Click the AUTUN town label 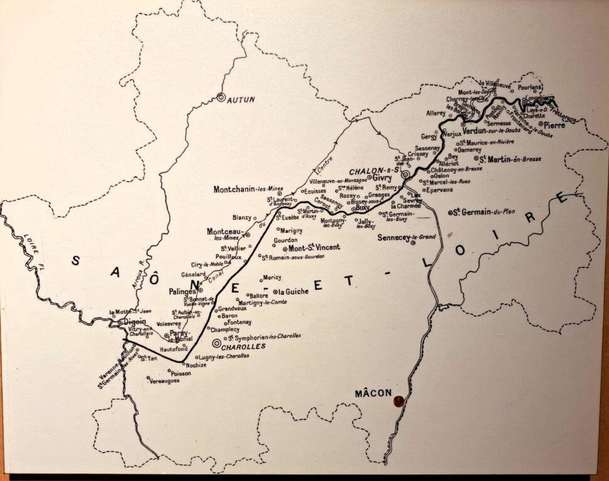[241, 100]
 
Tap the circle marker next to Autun [221, 97]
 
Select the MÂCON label [373, 393]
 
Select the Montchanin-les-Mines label [248, 189]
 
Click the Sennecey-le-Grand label [407, 237]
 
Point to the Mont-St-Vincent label [314, 247]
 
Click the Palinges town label [183, 292]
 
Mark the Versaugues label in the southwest [165, 380]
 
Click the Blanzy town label [241, 217]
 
